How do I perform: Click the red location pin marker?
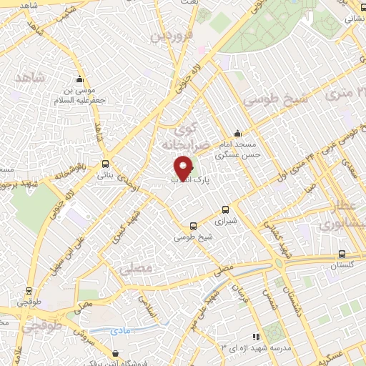click(184, 168)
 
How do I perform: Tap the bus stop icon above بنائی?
click(106, 164)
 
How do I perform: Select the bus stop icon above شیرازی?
click(226, 209)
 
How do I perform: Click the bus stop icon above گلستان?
click(342, 254)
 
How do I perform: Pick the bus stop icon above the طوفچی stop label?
click(29, 291)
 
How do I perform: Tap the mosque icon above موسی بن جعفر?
click(79, 79)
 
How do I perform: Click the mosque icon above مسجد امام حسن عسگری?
click(238, 133)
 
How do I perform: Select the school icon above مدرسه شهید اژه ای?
click(255, 336)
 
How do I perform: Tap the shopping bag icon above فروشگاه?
click(117, 353)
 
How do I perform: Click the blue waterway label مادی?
click(121, 331)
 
